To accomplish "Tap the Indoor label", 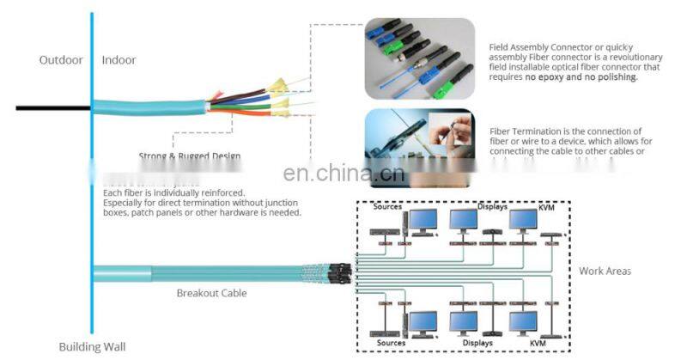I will point(119,60).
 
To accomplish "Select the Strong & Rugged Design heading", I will point(189,156).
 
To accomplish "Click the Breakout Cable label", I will point(211,293).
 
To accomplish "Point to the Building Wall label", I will point(92,347).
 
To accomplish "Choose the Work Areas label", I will point(605,272).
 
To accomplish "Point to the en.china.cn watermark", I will point(343,174).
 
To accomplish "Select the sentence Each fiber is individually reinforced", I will point(173,192).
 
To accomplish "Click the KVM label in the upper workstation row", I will point(547,207).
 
